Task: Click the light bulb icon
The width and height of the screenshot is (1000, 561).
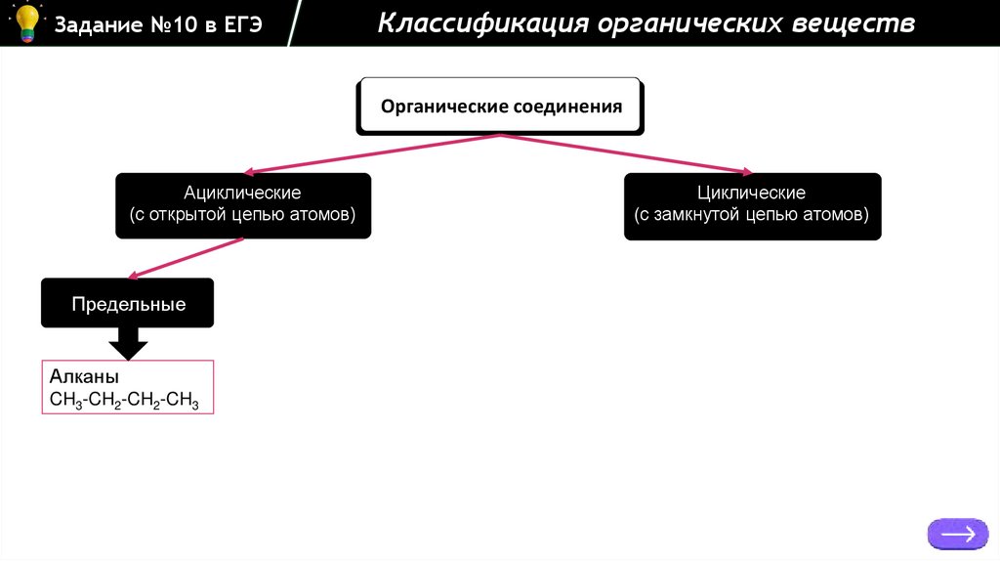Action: (x=26, y=22)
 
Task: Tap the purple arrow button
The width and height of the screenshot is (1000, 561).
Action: (x=957, y=533)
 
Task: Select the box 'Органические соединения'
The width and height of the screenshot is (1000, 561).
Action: (x=501, y=107)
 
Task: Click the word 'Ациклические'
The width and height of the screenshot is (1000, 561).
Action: (x=242, y=194)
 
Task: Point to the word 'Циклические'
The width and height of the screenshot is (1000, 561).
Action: (x=751, y=194)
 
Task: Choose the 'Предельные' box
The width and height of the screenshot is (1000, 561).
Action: (x=128, y=304)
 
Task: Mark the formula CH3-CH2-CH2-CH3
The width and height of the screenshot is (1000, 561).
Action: (x=124, y=400)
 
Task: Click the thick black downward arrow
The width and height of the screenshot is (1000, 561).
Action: (x=128, y=342)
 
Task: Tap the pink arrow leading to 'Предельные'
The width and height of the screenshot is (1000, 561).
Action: (x=186, y=258)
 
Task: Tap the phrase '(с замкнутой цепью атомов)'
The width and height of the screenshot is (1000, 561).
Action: (x=751, y=214)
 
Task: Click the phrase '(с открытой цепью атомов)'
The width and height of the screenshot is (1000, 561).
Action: (x=242, y=214)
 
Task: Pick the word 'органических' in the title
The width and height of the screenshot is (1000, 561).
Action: (x=679, y=23)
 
